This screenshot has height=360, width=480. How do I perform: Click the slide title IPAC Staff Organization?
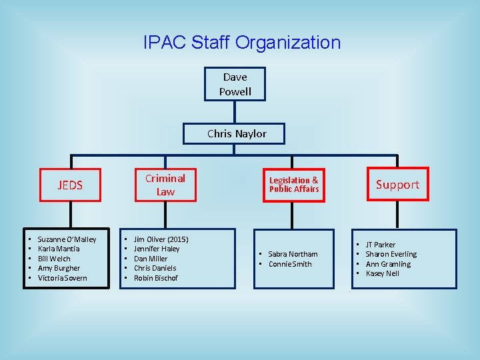[241, 43]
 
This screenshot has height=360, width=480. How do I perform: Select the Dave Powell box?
[235, 85]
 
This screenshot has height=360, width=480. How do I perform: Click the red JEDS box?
[70, 185]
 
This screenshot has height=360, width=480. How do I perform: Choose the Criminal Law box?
[165, 185]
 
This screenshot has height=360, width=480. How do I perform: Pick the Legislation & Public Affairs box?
[293, 185]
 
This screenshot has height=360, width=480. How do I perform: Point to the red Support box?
[397, 185]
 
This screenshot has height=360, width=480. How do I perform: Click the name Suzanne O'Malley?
[67, 239]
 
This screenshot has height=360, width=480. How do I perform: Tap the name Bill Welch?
[54, 259]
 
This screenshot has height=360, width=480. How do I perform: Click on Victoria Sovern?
[62, 278]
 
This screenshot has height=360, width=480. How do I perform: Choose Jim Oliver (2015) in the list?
[161, 239]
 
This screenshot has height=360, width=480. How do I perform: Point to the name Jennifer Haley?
[157, 249]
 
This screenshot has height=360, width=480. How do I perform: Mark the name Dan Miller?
[151, 259]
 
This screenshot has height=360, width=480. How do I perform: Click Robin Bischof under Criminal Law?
[156, 278]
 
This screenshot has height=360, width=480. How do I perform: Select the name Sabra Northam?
[293, 254]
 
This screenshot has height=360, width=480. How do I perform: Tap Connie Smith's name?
[290, 264]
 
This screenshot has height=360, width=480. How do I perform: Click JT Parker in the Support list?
[380, 245]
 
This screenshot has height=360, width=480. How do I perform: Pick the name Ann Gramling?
[388, 264]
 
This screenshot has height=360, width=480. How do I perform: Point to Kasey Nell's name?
[382, 273]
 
